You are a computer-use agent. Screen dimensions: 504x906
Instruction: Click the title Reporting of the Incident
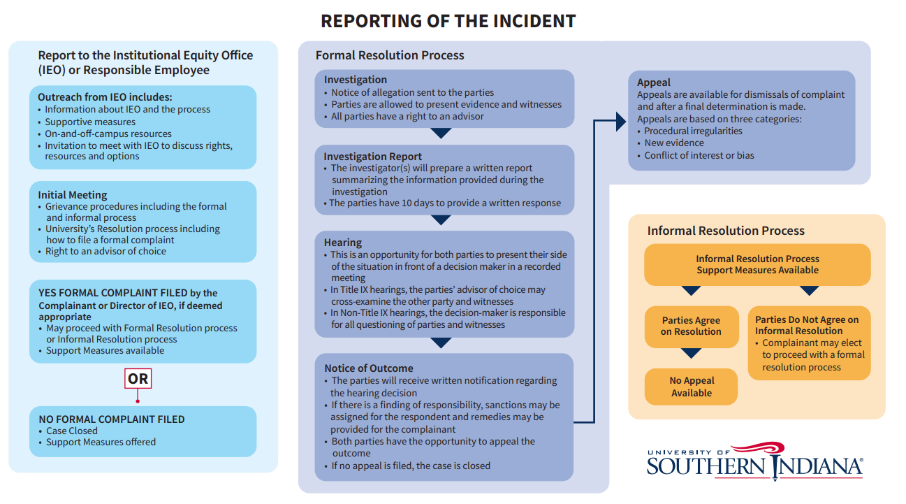[448, 21]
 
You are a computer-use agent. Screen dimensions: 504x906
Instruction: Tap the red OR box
[138, 379]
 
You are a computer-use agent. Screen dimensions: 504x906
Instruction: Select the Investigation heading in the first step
[355, 80]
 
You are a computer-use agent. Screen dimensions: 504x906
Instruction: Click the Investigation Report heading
[373, 157]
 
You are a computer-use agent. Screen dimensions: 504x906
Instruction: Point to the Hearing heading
[343, 243]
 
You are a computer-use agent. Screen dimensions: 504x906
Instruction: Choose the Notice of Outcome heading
[369, 368]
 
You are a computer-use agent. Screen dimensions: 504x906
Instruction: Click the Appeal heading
[654, 82]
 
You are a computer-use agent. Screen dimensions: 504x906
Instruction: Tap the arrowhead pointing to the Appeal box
[620, 122]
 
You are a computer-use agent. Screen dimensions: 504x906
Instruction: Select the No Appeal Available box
[692, 387]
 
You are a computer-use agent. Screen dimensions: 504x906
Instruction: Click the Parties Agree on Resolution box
[691, 326]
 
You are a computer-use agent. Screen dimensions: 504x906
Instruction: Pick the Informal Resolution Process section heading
[726, 231]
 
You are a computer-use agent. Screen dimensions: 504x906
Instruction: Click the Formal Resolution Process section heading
[390, 55]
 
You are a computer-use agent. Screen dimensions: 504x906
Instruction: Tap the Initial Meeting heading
[73, 195]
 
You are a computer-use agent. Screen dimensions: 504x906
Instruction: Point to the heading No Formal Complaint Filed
[112, 419]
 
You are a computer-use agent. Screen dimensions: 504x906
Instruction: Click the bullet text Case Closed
[72, 431]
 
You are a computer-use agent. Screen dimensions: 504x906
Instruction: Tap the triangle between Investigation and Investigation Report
[441, 135]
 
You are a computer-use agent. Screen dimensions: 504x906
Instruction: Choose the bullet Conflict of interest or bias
[699, 155]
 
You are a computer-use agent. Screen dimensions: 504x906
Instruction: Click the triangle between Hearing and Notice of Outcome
[441, 343]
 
